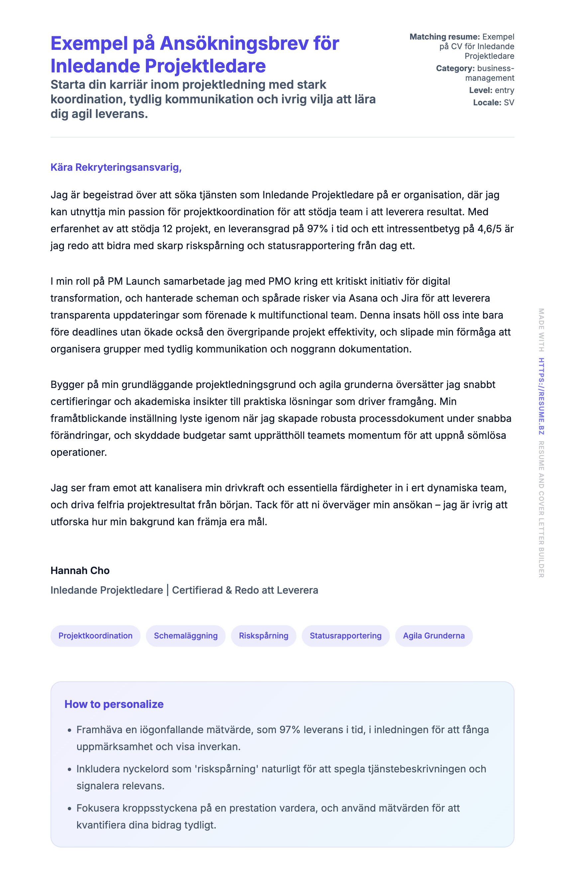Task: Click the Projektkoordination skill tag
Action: (95, 635)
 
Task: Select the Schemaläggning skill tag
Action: (186, 635)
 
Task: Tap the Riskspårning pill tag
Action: (264, 635)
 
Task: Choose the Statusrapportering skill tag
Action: (346, 635)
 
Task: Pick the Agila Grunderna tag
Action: (434, 635)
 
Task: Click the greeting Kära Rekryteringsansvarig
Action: (116, 167)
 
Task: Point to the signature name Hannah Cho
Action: (80, 570)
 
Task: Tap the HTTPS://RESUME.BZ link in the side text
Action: (541, 396)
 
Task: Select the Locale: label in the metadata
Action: (487, 103)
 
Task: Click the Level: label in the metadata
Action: (481, 90)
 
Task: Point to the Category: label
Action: (455, 68)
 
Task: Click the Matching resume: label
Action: (444, 37)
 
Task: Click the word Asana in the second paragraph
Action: (363, 298)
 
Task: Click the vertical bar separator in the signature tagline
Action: (168, 590)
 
